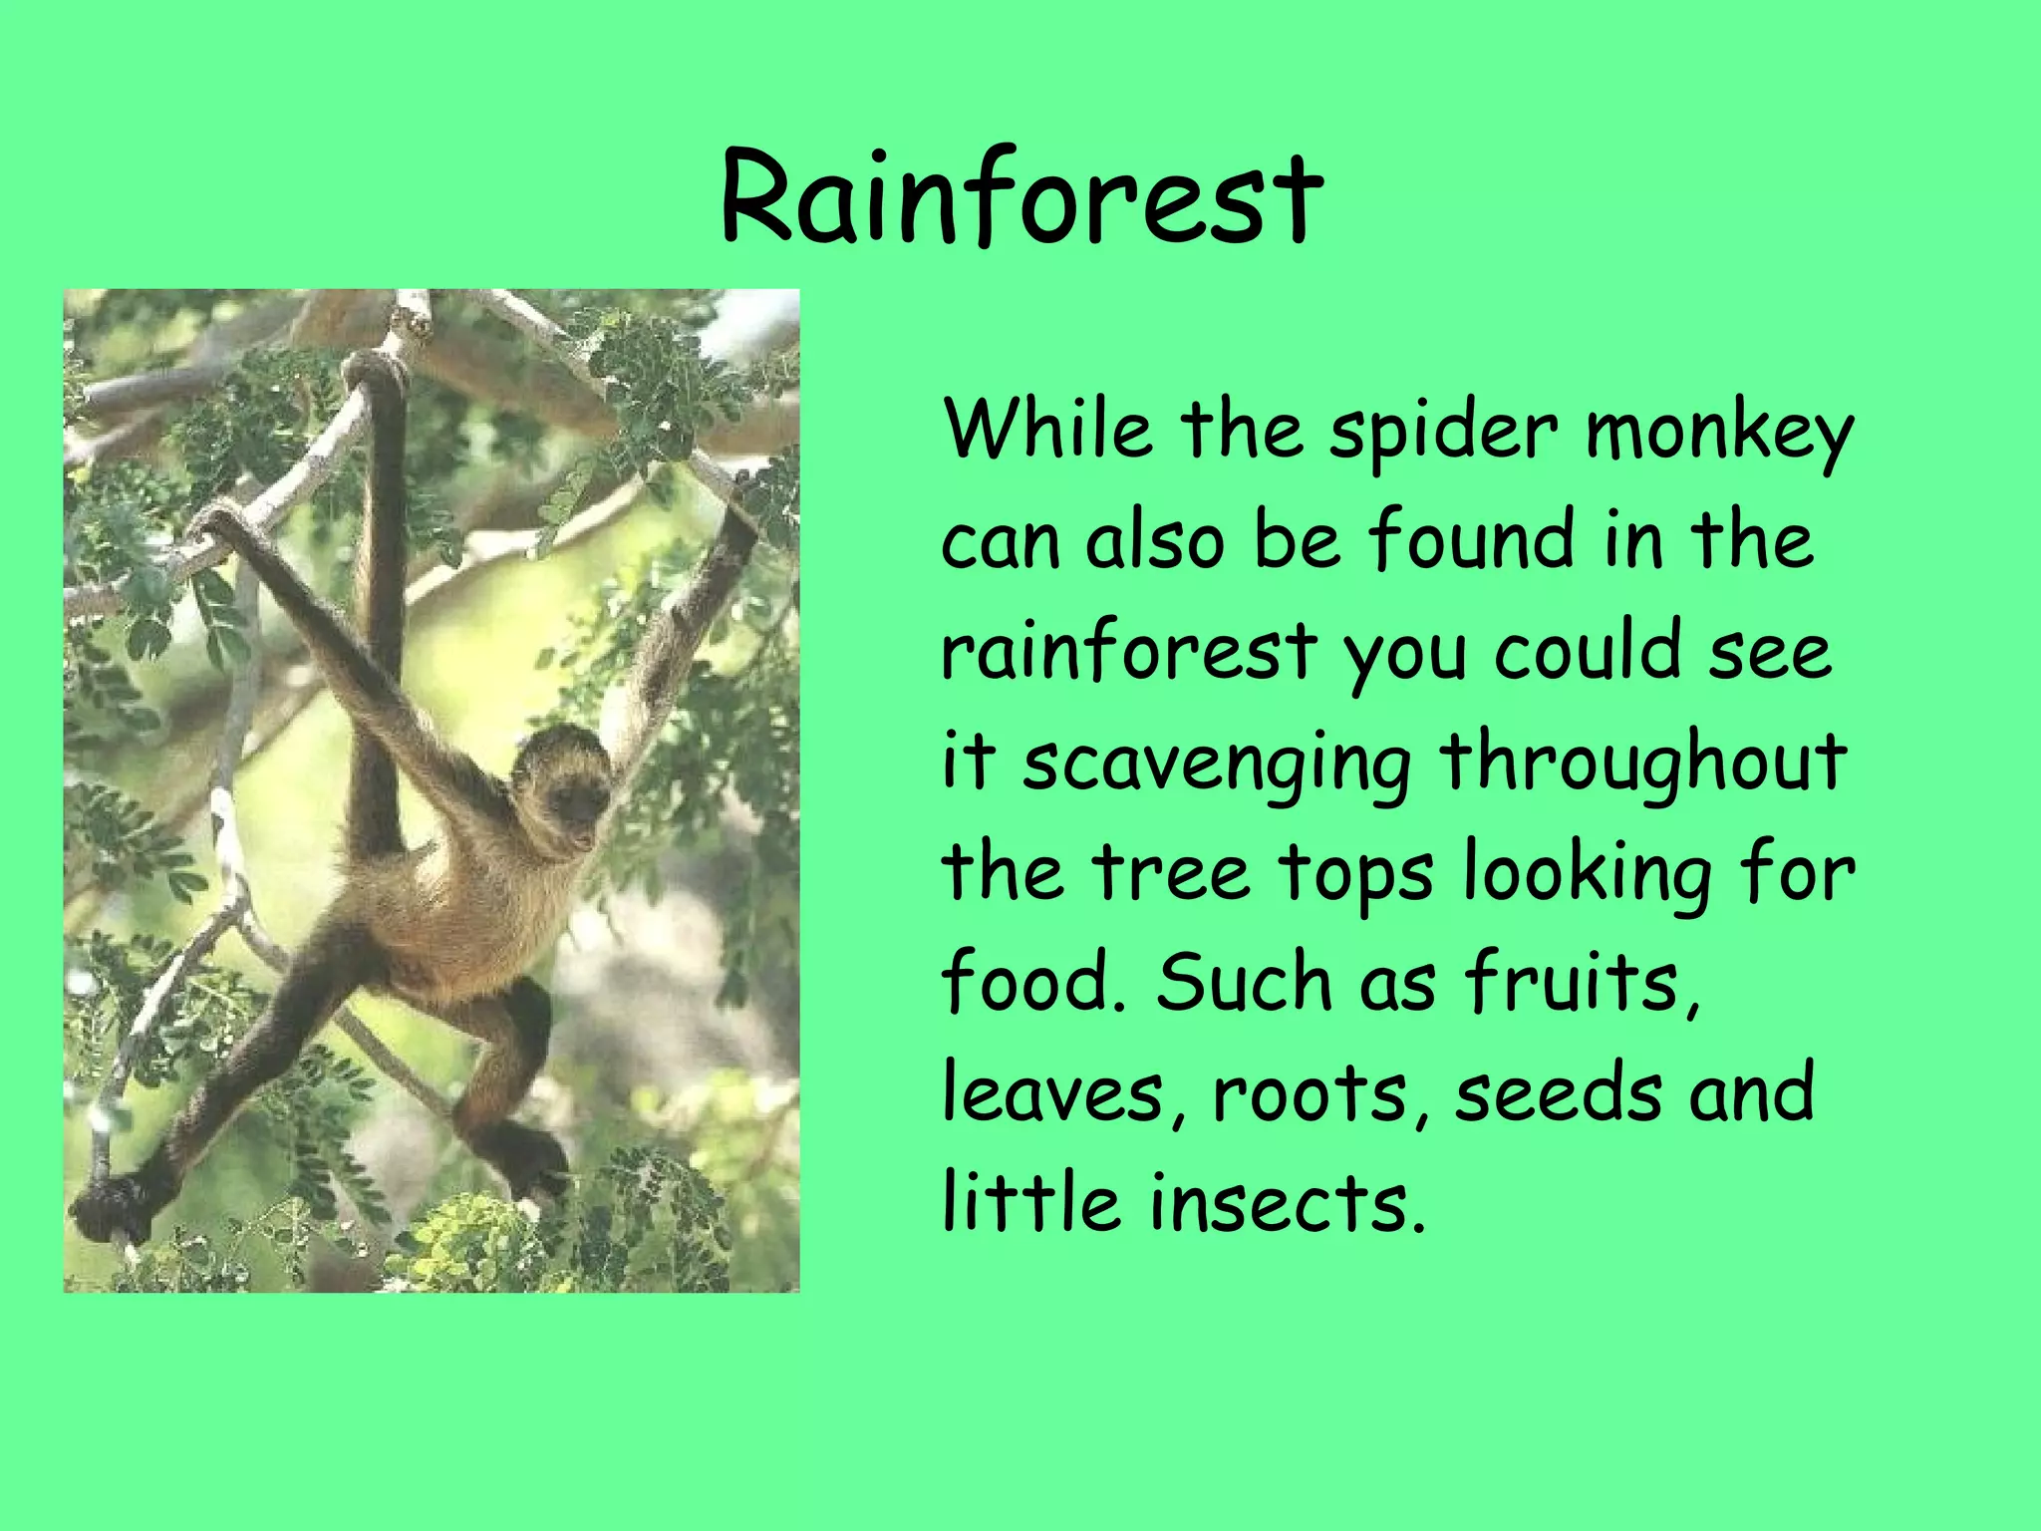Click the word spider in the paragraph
[1444, 431]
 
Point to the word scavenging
[1217, 764]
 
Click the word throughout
[1642, 762]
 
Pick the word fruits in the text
[1583, 982]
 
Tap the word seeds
[1558, 1092]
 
